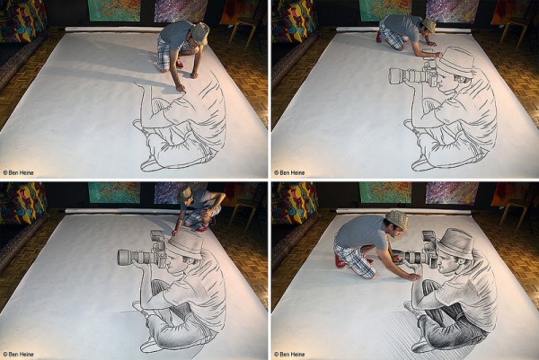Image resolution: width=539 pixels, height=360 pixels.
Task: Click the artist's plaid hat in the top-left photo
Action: point(199,32)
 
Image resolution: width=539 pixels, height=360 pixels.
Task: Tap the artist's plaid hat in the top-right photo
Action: point(429,25)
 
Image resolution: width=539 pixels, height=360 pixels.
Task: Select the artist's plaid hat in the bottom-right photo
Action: point(397,219)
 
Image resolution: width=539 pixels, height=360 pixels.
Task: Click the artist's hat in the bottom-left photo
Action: point(185,194)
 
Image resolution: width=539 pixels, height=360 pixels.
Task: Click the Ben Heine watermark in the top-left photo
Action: point(18,172)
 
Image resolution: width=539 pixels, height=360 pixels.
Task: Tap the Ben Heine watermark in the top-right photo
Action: point(289,172)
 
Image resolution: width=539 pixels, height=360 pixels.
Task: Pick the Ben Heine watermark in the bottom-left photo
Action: point(18,354)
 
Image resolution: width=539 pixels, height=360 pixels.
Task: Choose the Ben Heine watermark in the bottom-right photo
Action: point(289,354)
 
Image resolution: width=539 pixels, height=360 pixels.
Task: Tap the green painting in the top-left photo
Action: point(114,10)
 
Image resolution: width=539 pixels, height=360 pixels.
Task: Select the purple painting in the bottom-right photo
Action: point(452,193)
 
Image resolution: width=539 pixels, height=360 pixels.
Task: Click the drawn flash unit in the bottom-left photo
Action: point(158,237)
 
